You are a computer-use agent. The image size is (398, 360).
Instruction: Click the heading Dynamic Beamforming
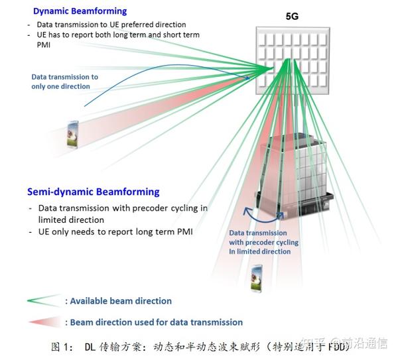click(x=80, y=11)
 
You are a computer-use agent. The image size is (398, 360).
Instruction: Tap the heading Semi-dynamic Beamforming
click(x=93, y=192)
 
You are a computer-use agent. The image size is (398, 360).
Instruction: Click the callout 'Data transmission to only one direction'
click(x=64, y=82)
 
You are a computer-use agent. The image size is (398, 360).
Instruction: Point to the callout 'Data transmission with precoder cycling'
click(x=263, y=242)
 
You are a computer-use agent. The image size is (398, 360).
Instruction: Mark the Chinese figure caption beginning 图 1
click(x=199, y=345)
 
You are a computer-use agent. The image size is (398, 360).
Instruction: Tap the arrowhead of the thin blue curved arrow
click(x=248, y=79)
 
